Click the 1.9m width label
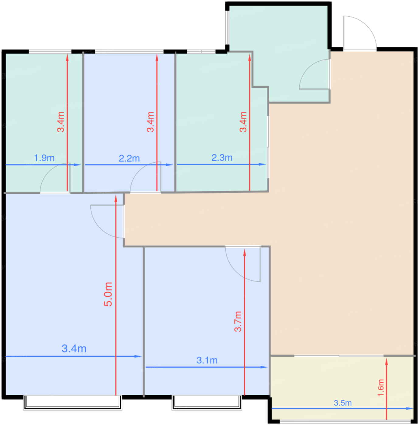point(44,158)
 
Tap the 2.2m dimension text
point(129,158)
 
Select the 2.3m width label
point(222,158)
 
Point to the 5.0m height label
point(108,294)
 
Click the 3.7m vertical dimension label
point(238,321)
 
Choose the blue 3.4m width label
point(74,349)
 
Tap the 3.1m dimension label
point(207,360)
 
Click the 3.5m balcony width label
point(343,403)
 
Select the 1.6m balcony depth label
point(381,388)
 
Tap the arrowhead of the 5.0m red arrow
point(116,198)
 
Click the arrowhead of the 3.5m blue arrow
point(410,409)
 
